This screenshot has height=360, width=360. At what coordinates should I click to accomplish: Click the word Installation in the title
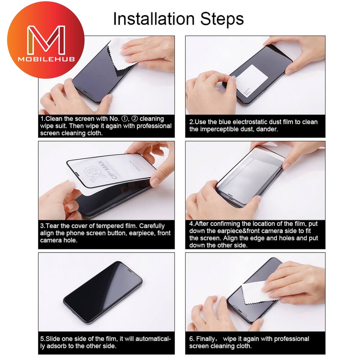click(x=154, y=19)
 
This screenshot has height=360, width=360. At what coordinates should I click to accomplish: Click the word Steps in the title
click(x=222, y=19)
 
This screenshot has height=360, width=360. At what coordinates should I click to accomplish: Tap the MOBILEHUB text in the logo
click(x=46, y=59)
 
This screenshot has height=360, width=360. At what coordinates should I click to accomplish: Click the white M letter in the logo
click(x=46, y=39)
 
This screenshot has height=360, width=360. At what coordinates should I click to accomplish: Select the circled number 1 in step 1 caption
click(x=124, y=119)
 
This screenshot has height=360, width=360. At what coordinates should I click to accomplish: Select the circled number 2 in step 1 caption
click(x=135, y=119)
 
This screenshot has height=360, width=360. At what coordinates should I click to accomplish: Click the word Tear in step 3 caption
click(x=53, y=226)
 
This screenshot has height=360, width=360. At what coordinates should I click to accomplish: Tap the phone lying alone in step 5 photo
click(x=103, y=292)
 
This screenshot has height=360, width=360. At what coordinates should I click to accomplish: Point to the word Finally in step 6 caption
click(x=205, y=339)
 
